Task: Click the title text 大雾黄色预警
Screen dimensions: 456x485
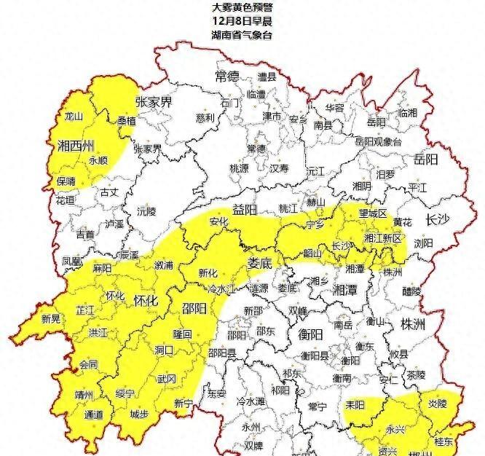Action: click(x=242, y=7)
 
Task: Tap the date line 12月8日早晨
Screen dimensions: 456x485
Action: click(x=242, y=20)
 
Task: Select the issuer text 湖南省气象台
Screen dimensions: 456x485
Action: click(x=242, y=34)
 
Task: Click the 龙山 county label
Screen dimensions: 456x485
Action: click(x=74, y=116)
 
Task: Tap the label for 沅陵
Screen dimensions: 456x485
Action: click(x=146, y=211)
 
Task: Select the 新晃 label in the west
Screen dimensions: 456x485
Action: click(x=51, y=318)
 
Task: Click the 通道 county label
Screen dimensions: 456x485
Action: click(x=94, y=414)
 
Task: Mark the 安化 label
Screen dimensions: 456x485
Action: click(x=219, y=222)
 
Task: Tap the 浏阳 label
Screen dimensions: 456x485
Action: click(x=423, y=243)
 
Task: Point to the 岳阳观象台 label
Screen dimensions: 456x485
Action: click(x=378, y=141)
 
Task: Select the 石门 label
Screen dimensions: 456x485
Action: click(x=229, y=103)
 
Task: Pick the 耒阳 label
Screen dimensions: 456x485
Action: click(x=355, y=405)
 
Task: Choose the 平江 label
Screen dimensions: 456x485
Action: click(x=418, y=186)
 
